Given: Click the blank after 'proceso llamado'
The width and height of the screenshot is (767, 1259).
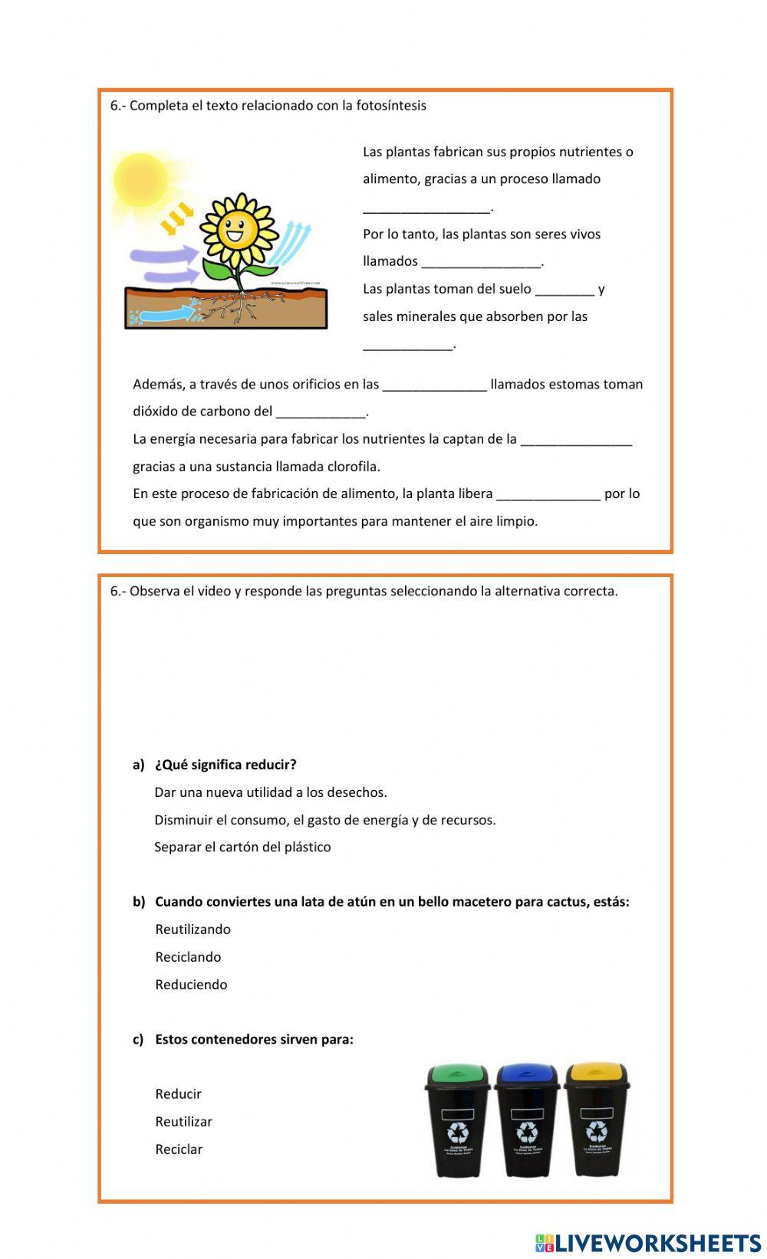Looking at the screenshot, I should coord(426,208).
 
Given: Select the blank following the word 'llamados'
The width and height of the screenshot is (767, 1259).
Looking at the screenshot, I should coord(481,263).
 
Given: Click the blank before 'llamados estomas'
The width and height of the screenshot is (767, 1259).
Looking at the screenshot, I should coord(434,385).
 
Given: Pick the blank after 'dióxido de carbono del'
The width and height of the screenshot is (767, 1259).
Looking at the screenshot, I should coord(321,413).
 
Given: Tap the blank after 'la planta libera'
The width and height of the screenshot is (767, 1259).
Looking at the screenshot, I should coord(548,495).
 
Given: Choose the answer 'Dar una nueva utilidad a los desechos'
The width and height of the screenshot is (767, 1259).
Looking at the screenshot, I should coord(270,792).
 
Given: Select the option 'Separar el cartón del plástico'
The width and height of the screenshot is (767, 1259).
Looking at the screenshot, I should coord(242,847).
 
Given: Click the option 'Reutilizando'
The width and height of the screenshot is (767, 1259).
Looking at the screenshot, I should coord(193,929).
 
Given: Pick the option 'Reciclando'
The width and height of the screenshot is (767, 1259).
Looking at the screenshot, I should coord(188,957).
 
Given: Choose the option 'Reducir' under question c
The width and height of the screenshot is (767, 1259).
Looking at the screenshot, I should coord(178,1094).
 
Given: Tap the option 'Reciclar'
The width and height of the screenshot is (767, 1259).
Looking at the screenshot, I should coord(179,1149).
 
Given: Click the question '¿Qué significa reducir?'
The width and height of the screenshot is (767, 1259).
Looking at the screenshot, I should coord(225,765).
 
